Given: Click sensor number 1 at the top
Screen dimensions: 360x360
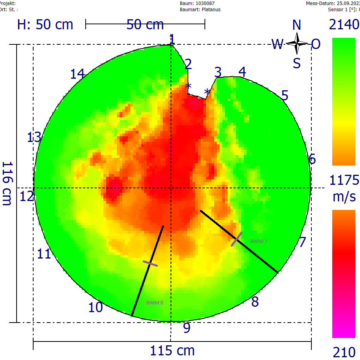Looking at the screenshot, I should click(172, 39).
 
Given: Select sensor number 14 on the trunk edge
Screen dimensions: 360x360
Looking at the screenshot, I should click(77, 73).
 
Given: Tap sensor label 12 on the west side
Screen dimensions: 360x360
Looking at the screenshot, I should click(27, 197).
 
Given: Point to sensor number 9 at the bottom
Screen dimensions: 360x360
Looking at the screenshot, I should click(187, 328).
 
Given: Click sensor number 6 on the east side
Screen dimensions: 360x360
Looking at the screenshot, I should click(313, 159).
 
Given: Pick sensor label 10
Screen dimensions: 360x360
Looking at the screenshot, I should click(96, 308).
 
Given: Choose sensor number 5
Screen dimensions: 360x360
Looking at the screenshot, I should click(285, 96).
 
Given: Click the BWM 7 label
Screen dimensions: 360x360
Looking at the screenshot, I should click(259, 242).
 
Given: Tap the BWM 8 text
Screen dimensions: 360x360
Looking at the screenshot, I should click(155, 303).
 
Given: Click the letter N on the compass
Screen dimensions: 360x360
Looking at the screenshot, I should click(296, 25).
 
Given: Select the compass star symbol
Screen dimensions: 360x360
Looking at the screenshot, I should click(297, 43).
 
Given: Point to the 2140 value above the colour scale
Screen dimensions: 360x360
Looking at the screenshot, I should click(344, 25).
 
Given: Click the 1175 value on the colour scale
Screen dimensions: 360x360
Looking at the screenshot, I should click(344, 180).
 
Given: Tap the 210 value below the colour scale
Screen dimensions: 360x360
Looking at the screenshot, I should click(344, 352).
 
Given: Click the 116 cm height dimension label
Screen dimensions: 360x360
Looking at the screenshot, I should click(7, 183).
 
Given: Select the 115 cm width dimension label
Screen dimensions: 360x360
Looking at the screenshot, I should click(172, 351).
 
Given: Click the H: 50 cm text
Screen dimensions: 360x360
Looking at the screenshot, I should click(45, 25).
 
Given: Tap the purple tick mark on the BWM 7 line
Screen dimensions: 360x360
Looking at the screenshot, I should click(237, 239).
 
